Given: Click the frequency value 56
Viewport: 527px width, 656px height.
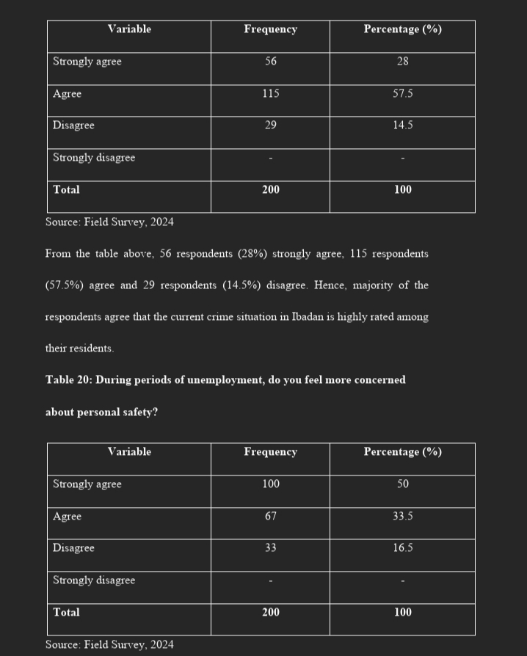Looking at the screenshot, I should pyautogui.click(x=270, y=62).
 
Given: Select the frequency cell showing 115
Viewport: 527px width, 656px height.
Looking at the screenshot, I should pyautogui.click(x=270, y=94).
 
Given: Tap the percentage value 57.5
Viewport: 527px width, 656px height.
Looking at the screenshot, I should pyautogui.click(x=402, y=94).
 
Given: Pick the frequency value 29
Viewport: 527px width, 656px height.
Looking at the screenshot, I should pyautogui.click(x=270, y=125).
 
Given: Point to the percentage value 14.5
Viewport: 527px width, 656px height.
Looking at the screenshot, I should pyautogui.click(x=402, y=125).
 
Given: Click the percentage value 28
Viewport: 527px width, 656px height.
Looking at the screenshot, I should pyautogui.click(x=402, y=62).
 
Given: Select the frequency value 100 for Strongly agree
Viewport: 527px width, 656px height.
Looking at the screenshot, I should pyautogui.click(x=270, y=484).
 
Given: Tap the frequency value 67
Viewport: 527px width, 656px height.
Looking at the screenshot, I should pyautogui.click(x=270, y=517).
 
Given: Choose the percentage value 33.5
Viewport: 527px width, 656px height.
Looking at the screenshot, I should pyautogui.click(x=402, y=517).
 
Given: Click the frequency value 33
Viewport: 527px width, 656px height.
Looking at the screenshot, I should pyautogui.click(x=270, y=548).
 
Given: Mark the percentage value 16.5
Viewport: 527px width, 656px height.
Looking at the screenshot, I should pyautogui.click(x=402, y=548).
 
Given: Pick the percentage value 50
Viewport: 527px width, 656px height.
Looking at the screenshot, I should pyautogui.click(x=402, y=484).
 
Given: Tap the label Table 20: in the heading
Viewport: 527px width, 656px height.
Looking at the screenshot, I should pyautogui.click(x=68, y=380).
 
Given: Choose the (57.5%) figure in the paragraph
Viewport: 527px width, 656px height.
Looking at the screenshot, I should pyautogui.click(x=64, y=285).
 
